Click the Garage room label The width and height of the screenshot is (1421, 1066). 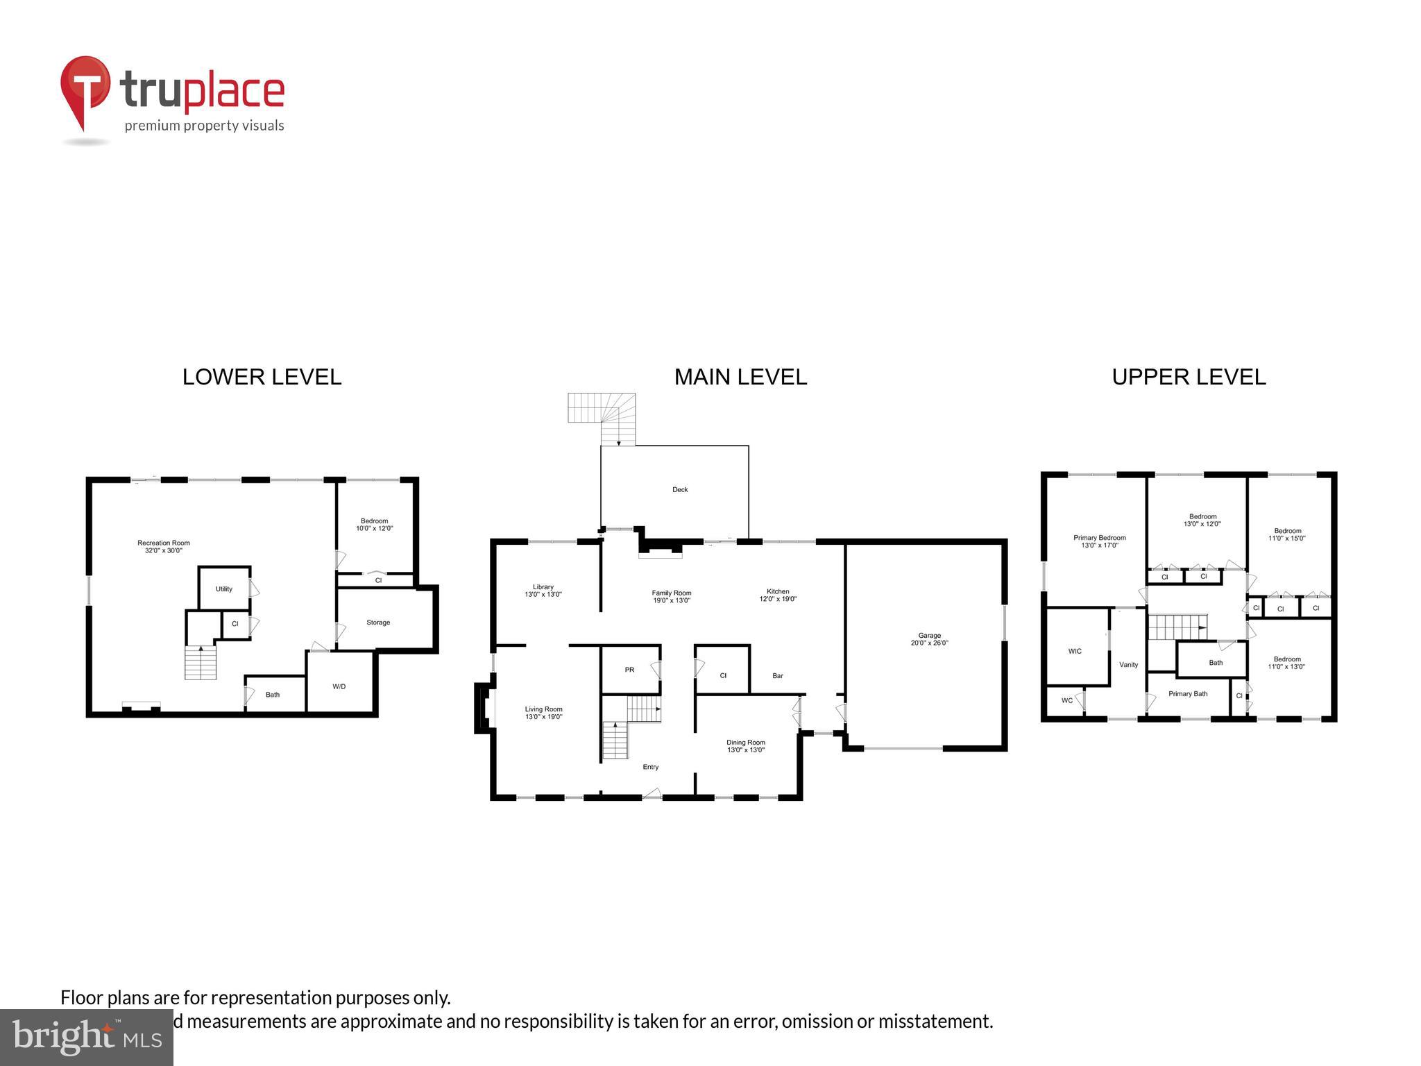[929, 639]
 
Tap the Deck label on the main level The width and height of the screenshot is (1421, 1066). [680, 490]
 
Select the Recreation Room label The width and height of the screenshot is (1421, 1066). [163, 547]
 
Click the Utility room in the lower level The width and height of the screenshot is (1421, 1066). [223, 589]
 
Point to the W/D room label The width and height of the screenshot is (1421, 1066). [339, 687]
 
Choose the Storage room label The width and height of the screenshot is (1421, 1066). [378, 623]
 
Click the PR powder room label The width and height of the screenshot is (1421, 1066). [629, 670]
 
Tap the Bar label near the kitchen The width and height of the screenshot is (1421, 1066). [778, 676]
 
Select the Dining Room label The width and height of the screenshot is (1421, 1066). [746, 746]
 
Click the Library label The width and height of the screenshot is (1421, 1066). [543, 591]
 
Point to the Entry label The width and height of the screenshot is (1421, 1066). [650, 767]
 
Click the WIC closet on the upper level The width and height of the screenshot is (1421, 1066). [1075, 652]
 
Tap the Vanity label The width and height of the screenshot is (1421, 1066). [1128, 665]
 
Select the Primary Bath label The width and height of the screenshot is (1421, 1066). [1188, 694]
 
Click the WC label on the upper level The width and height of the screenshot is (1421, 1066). [1066, 701]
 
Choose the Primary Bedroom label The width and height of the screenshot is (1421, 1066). [1099, 541]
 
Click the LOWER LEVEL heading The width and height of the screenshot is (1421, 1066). [262, 377]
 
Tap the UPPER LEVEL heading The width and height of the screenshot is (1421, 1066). [1189, 377]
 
